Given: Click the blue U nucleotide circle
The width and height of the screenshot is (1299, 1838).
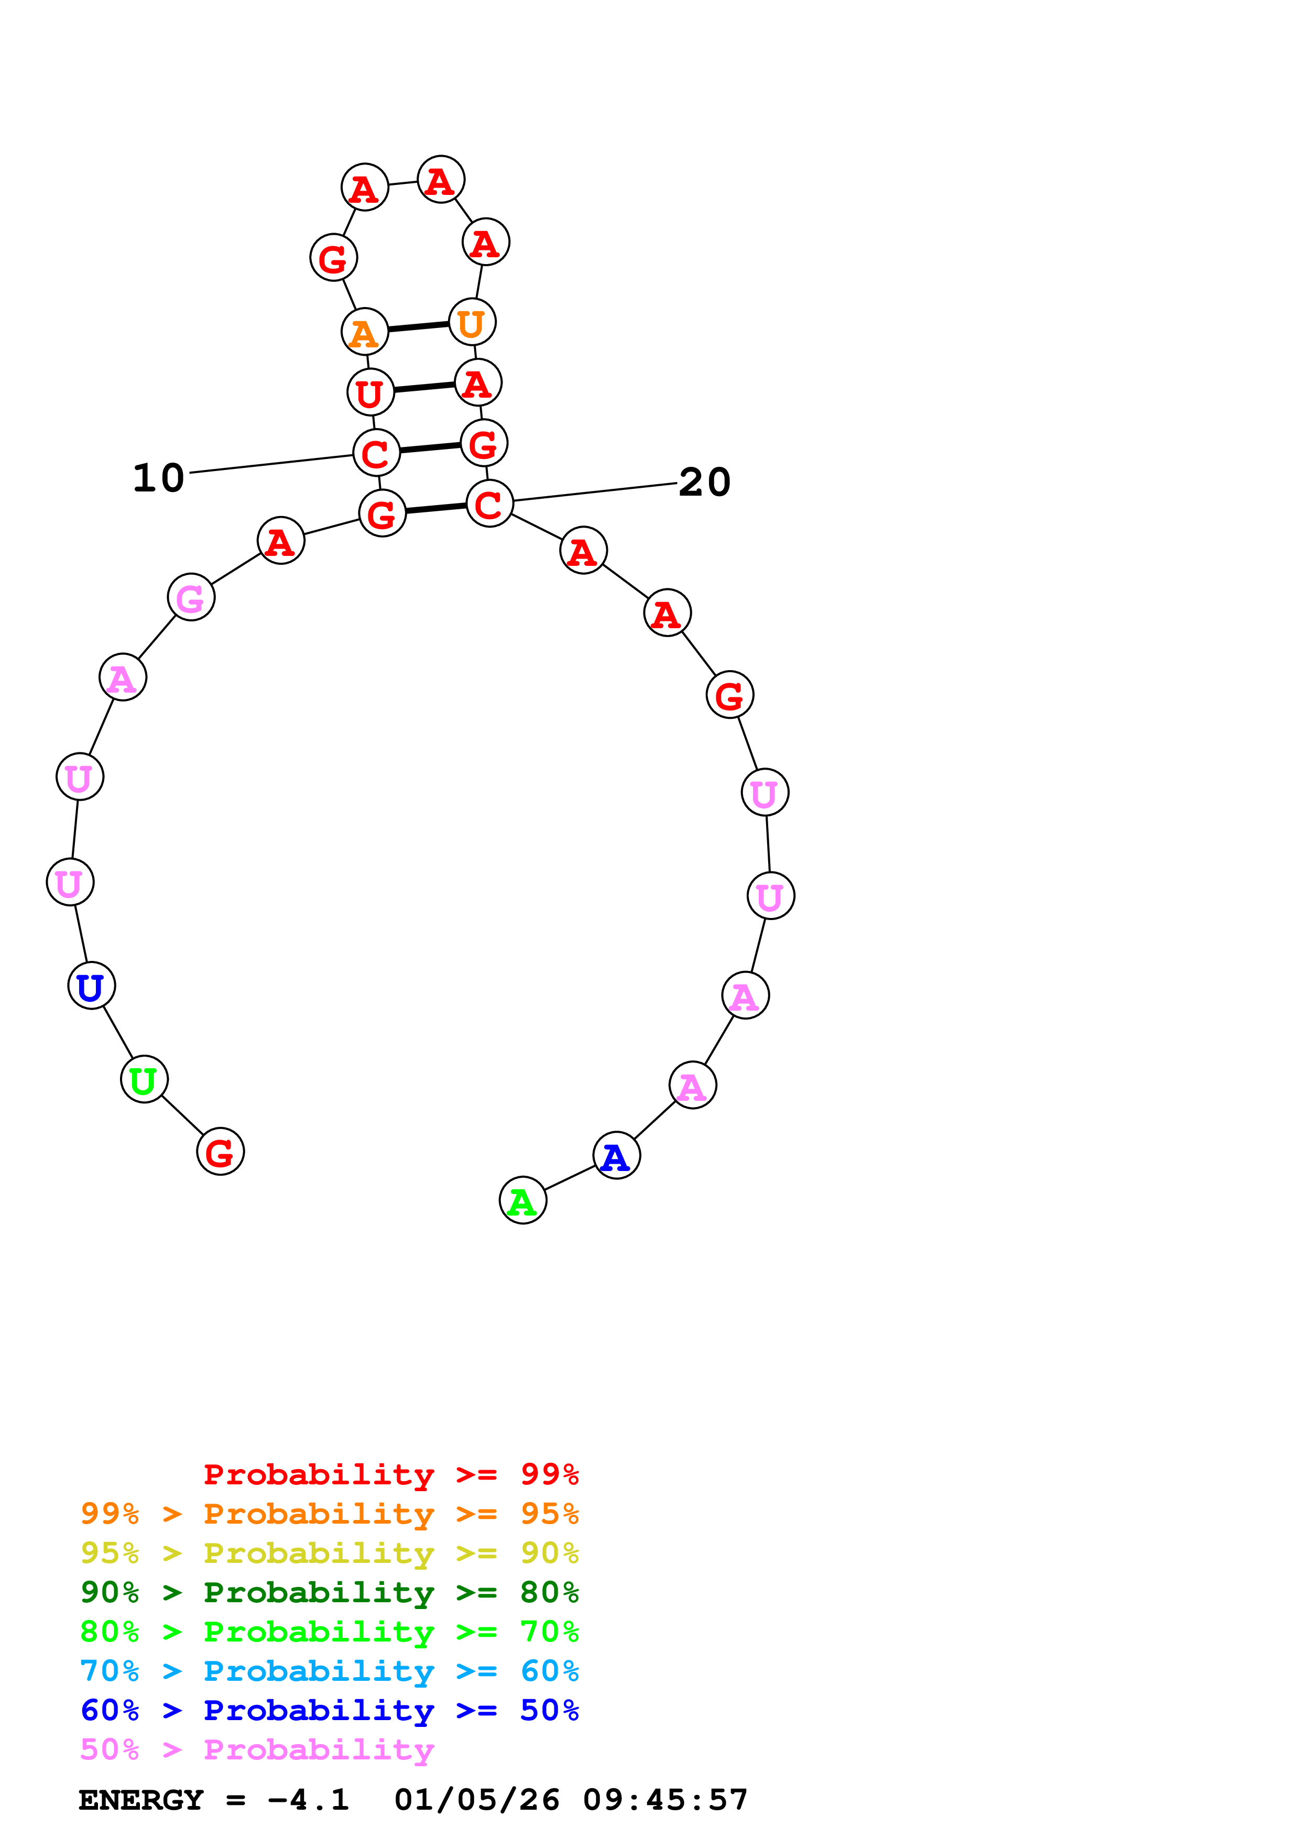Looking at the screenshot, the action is pos(91,986).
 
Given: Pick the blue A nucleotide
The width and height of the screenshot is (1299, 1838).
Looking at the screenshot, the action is pos(616,1155).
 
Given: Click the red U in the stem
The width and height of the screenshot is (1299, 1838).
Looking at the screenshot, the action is pos(370,392).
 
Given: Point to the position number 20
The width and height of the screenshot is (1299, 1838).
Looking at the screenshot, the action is pos(704,482).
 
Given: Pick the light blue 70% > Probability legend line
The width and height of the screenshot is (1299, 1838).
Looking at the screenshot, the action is pos(329,1671).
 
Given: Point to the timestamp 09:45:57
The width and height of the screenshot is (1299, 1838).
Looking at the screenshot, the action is pos(664,1800).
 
